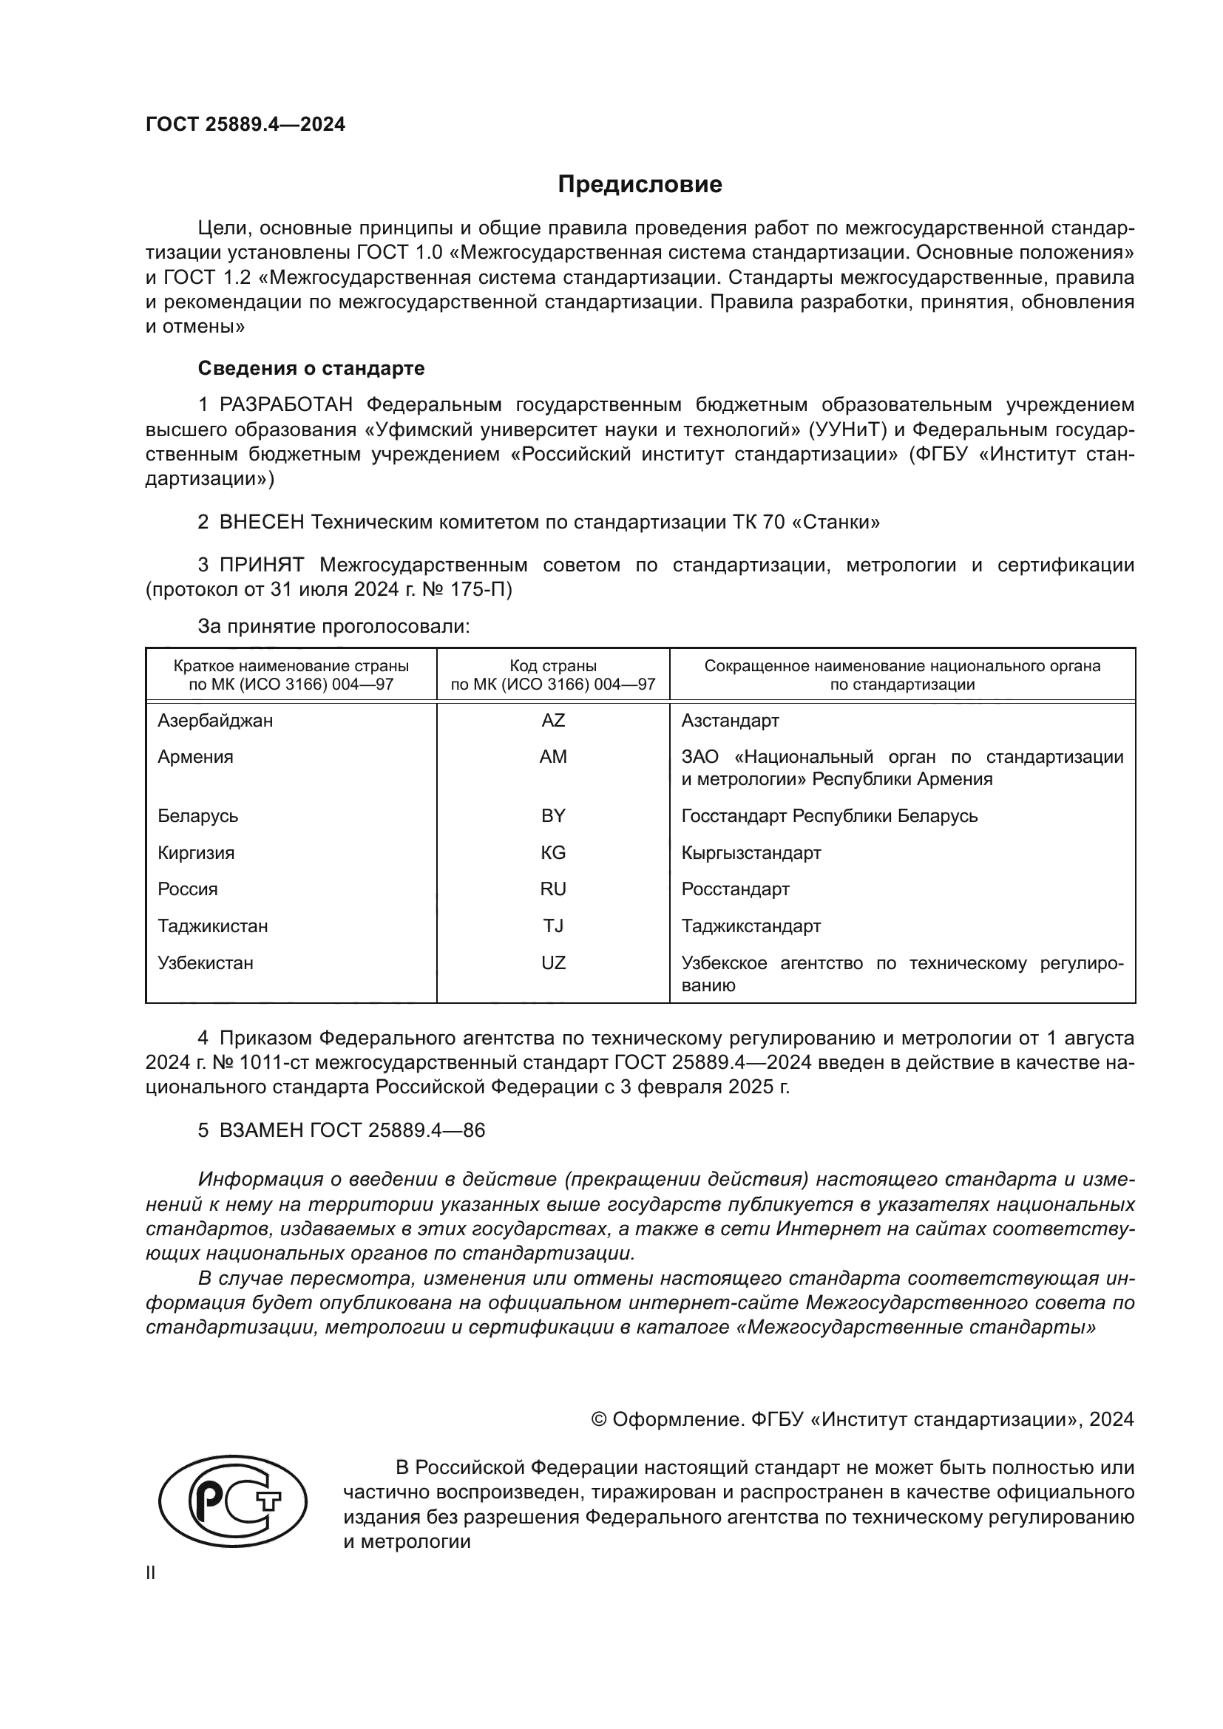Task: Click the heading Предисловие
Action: [640, 185]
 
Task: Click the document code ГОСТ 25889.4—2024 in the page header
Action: [245, 124]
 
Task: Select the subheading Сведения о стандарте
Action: [311, 368]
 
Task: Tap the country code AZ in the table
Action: [553, 721]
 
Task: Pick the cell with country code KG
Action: [553, 852]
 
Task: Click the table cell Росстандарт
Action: [735, 889]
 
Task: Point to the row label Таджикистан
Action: [212, 926]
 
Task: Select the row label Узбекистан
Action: [205, 963]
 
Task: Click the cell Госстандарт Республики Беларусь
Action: [829, 816]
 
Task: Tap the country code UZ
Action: [553, 963]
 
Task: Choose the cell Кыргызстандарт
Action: [751, 852]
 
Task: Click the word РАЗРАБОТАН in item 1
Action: [285, 405]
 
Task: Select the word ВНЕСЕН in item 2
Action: [261, 522]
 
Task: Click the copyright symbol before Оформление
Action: [599, 1419]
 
